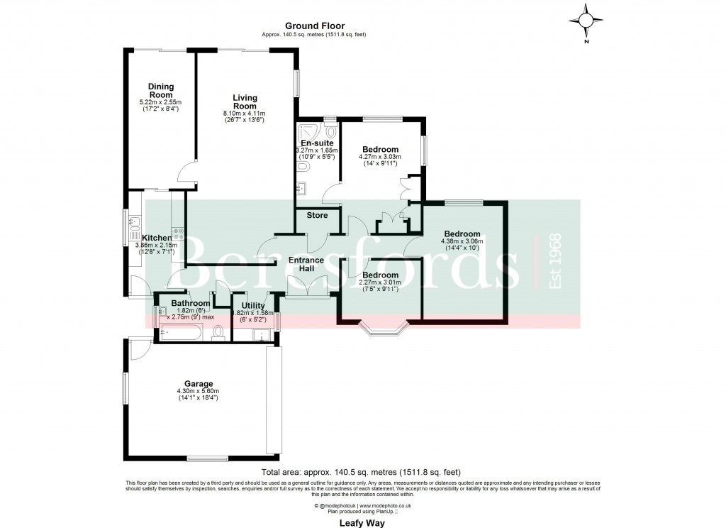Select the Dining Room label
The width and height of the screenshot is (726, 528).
point(161,91)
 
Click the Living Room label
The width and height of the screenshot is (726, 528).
point(245,101)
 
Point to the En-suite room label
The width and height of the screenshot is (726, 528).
point(316,143)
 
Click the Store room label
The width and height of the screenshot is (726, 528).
point(317,215)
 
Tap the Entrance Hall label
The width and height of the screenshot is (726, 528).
point(306,264)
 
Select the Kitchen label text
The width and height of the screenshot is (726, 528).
point(156,238)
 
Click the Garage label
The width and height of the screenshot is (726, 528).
point(198,383)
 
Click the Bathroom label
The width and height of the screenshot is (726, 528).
point(191,304)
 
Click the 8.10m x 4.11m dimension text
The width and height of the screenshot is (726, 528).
point(245,114)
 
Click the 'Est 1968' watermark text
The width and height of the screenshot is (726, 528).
point(555,260)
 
